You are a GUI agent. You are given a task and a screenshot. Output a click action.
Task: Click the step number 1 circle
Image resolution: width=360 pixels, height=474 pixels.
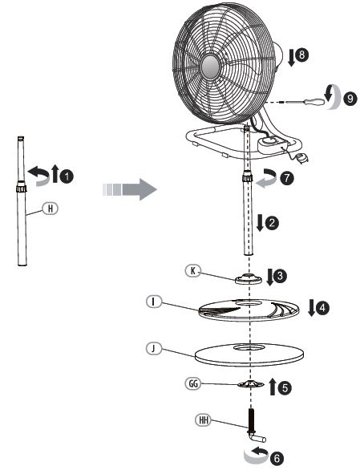67,176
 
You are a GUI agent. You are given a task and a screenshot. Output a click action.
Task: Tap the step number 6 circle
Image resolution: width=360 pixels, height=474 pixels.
277,458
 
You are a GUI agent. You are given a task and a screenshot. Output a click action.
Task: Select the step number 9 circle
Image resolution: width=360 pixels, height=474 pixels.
350,99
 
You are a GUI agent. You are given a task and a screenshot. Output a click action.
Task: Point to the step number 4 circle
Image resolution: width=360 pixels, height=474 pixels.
322,308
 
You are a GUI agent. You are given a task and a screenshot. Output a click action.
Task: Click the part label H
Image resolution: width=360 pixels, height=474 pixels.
51,209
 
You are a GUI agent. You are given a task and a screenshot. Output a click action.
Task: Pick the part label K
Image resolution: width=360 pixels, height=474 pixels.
193,271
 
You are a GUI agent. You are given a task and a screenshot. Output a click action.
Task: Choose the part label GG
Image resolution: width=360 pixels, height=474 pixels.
193,383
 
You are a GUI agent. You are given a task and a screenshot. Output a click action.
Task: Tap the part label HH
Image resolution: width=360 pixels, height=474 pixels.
203,420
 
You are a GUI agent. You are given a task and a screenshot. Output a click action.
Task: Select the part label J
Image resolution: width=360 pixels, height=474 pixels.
154,349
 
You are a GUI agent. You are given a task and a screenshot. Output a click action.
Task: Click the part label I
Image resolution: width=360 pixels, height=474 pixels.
154,302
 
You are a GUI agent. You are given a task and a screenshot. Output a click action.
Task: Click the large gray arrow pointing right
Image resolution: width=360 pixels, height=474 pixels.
129,189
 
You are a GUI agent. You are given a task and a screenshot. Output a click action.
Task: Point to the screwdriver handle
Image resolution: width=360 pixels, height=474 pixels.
314,102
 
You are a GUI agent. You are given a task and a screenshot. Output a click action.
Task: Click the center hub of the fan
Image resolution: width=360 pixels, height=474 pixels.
210,67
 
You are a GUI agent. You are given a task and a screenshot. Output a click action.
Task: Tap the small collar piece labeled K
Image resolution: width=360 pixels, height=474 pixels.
249,278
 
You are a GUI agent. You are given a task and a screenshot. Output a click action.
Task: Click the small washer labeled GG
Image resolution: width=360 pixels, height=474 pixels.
251,384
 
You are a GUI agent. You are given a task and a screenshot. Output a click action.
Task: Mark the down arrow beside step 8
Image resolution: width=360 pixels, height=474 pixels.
291,57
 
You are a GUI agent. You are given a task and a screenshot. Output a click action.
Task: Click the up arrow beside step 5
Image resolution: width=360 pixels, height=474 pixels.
273,386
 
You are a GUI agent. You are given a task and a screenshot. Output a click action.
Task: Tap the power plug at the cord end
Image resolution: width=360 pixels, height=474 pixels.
301,158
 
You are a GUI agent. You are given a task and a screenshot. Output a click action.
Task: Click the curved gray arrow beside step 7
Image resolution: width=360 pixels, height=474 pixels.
267,178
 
